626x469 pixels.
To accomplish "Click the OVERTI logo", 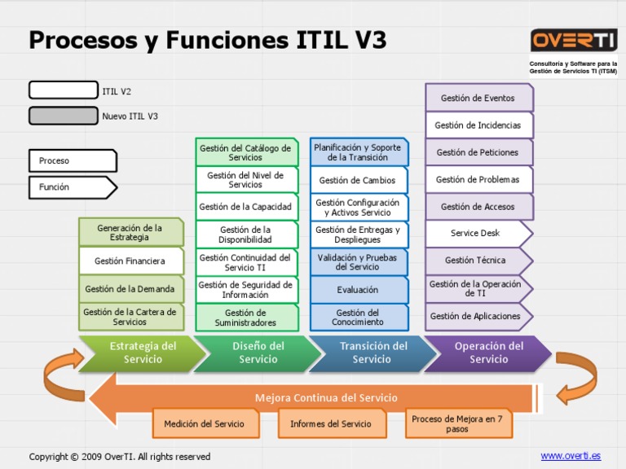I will pos(574,40).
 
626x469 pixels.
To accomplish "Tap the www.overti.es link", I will pos(571,455).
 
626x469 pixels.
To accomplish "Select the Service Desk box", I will pos(477,234).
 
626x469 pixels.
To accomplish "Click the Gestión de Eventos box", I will pos(478,99).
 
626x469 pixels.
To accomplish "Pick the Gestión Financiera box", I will pos(130,261).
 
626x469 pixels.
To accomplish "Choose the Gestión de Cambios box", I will pos(358,181).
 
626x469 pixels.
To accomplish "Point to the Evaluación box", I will pos(358,290).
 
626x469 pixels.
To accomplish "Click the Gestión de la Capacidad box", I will pos(245,207).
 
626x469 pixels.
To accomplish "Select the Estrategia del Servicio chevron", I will pos(139,353).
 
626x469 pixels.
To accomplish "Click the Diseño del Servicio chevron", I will pos(257,353).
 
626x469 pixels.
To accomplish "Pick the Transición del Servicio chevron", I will pos(373,353).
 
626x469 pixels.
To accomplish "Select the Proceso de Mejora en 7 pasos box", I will pos(457,423).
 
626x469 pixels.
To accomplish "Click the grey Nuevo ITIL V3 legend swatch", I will pos(63,116).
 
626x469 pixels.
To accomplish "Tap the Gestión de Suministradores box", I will pos(245,318).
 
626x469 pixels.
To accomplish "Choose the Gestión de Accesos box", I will pos(478,207).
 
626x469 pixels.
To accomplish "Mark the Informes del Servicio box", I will pos(330,423).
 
